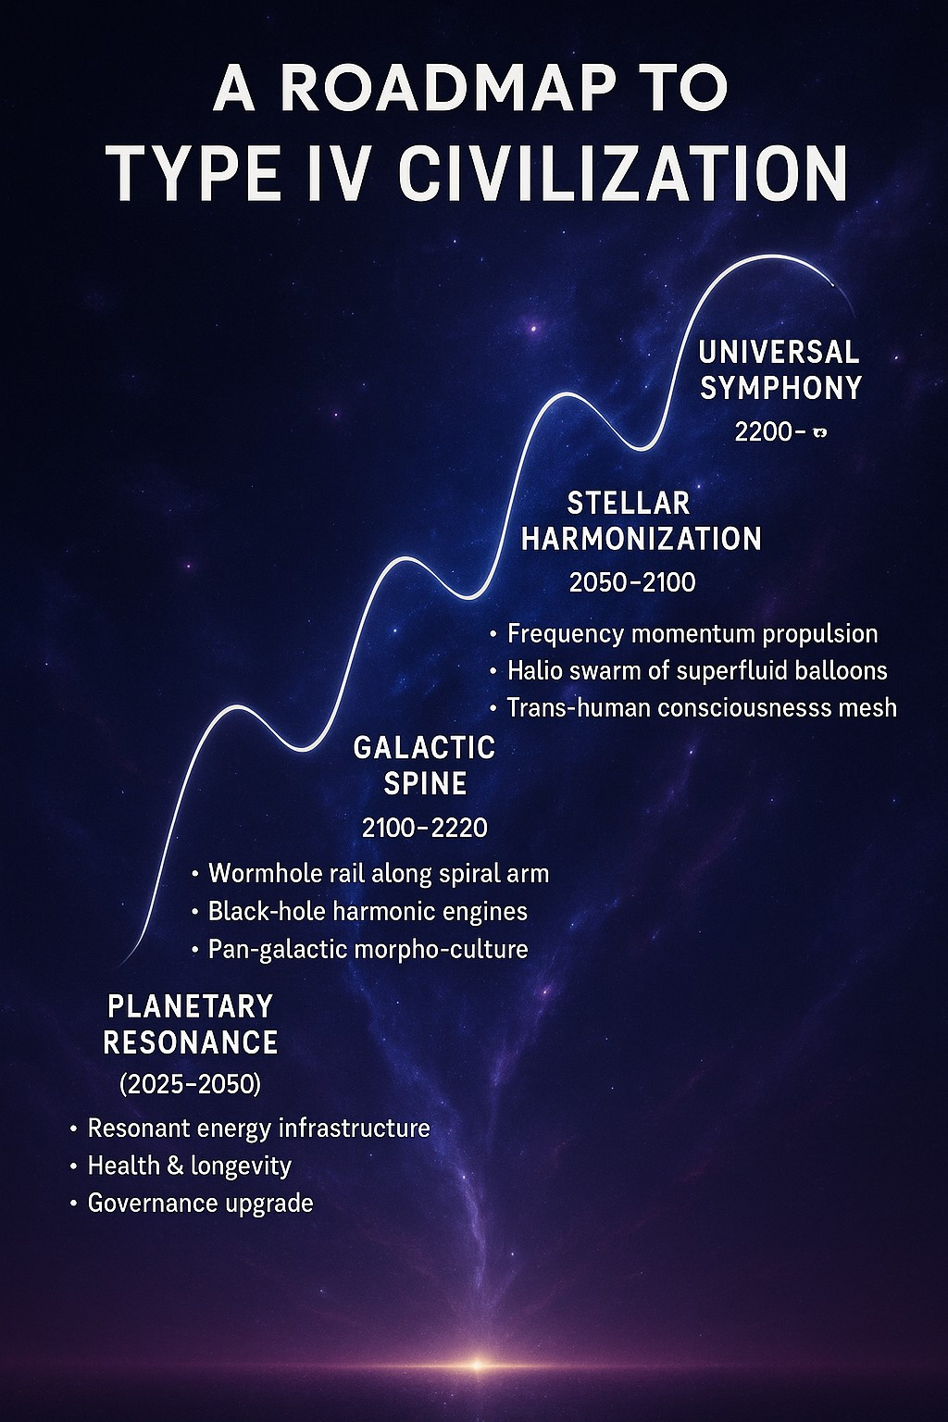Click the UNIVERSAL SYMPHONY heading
[x=780, y=369]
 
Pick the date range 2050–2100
[x=632, y=582]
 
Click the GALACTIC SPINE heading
[x=425, y=766]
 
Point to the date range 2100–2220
[x=425, y=828]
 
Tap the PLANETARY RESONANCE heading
[x=191, y=1025]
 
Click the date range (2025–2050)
[x=190, y=1086]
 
